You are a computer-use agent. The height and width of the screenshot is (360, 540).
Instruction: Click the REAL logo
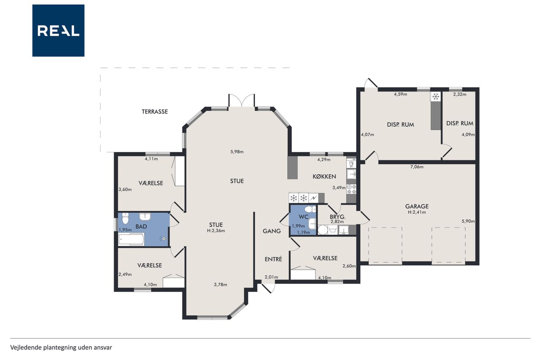coord(58,31)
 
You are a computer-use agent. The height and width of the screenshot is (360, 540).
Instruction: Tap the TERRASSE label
coord(154,112)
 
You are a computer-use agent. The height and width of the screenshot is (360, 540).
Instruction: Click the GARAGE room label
coord(417,206)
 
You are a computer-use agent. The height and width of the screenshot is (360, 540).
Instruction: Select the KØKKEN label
coord(324,176)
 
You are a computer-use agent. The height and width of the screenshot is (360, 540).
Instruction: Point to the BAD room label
coord(141,227)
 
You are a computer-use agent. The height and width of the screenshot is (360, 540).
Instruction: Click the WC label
coord(303,217)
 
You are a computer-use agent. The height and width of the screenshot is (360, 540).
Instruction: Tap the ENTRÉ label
coord(273,259)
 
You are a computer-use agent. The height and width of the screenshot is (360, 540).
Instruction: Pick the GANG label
coord(272,231)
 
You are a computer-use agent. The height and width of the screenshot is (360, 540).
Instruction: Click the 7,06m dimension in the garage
coord(417,167)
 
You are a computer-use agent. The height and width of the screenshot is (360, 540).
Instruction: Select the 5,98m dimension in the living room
coord(237,152)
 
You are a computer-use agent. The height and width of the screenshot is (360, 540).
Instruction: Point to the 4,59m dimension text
coord(400,94)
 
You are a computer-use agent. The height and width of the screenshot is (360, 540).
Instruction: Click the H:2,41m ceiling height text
coord(417,212)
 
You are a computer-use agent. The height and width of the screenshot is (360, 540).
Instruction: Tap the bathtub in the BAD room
coord(131,239)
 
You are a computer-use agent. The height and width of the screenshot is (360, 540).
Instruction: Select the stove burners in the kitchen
coord(351,189)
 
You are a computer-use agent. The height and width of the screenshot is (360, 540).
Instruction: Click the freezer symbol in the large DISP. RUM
coord(436,97)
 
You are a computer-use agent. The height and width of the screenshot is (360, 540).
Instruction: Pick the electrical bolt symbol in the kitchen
coord(313,198)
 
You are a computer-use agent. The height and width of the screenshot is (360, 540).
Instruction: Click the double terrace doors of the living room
coord(242,101)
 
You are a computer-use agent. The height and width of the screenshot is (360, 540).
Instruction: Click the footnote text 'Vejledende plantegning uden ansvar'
coord(61,348)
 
